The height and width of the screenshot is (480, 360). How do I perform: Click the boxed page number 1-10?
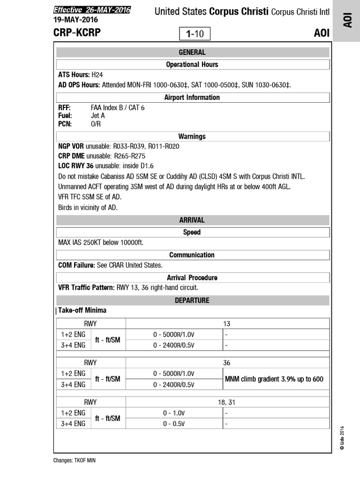click(x=195, y=34)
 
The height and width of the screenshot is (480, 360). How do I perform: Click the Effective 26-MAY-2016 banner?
click(x=92, y=10)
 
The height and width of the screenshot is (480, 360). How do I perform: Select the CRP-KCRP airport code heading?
click(x=77, y=33)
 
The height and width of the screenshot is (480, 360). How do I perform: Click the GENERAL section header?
click(x=192, y=52)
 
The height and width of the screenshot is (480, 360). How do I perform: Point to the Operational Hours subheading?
click(x=192, y=64)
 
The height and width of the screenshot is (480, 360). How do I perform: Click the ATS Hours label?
click(x=74, y=75)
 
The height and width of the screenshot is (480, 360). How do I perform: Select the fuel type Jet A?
click(x=97, y=115)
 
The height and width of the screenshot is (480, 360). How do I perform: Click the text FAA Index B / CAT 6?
click(x=117, y=107)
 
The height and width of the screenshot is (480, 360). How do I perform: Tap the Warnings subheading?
click(x=192, y=136)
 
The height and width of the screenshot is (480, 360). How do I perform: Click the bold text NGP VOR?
click(x=71, y=146)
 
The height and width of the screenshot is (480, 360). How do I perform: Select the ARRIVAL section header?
click(x=192, y=220)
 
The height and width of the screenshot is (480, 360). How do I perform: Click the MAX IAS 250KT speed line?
click(x=101, y=243)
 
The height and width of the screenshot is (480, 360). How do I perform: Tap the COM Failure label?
click(x=77, y=265)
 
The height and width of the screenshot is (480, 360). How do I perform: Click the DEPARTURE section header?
click(x=192, y=300)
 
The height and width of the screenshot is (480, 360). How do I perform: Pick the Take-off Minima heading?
click(x=82, y=310)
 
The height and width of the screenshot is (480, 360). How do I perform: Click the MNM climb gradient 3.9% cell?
click(x=274, y=379)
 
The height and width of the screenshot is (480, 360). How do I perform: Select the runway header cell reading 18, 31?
click(x=227, y=402)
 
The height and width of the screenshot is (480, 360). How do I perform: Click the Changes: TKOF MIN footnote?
click(x=75, y=460)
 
